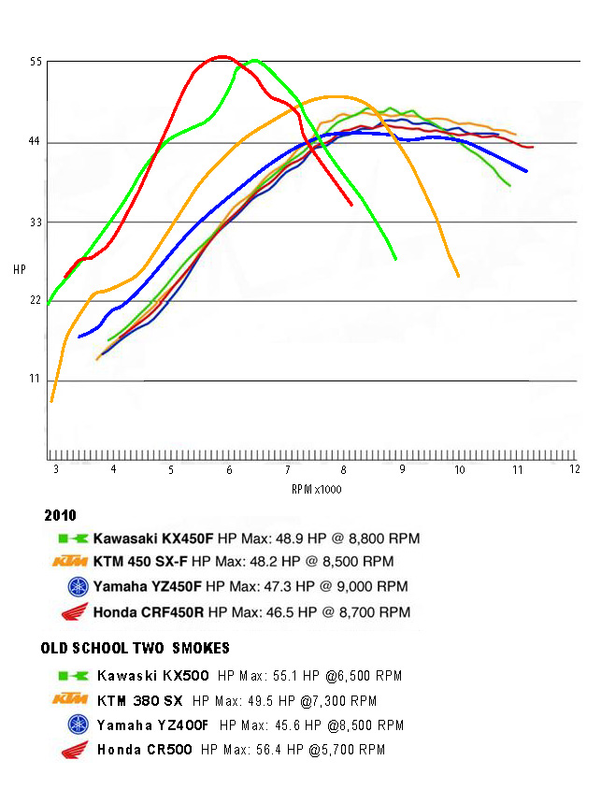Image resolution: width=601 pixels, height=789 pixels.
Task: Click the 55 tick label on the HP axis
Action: pyautogui.click(x=36, y=62)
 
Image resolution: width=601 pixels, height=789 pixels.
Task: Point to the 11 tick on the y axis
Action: pyautogui.click(x=36, y=380)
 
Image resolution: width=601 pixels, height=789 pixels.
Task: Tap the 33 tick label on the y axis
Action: pyautogui.click(x=36, y=222)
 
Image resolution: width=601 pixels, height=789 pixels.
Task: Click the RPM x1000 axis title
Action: pyautogui.click(x=316, y=489)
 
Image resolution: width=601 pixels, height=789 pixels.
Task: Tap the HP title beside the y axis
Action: pyautogui.click(x=20, y=269)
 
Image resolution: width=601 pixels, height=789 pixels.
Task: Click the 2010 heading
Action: pyautogui.click(x=59, y=515)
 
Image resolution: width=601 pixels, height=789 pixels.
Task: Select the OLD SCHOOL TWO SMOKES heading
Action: pyautogui.click(x=136, y=648)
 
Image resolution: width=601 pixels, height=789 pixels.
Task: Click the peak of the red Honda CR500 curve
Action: pyautogui.click(x=222, y=57)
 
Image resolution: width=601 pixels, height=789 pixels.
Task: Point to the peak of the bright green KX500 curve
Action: pyautogui.click(x=254, y=61)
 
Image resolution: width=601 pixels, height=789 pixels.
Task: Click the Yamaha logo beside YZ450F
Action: pyautogui.click(x=77, y=588)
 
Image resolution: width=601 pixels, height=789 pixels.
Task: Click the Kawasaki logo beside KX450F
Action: pyautogui.click(x=73, y=539)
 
